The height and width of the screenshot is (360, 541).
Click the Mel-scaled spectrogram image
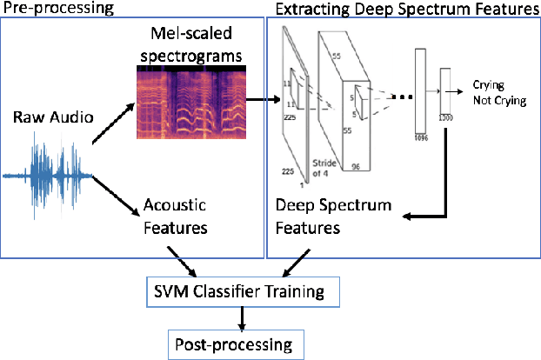point(187,105)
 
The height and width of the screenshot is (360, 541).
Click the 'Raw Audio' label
point(53,117)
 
